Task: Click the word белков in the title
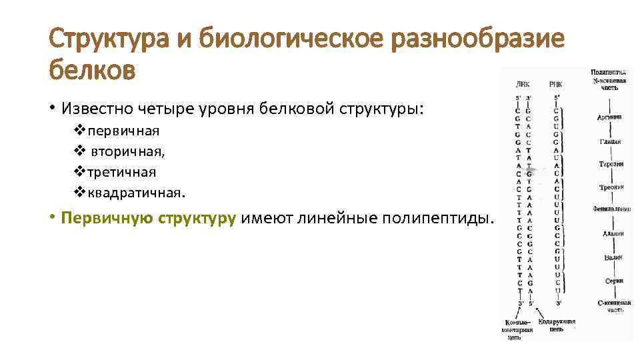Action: click(x=92, y=69)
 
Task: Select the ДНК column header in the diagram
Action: click(x=523, y=85)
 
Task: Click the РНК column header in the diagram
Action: click(x=555, y=85)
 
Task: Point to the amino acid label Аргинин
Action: click(x=609, y=117)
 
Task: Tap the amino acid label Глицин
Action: click(x=609, y=141)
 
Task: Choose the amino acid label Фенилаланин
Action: click(x=611, y=209)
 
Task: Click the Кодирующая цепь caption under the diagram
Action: click(x=557, y=325)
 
